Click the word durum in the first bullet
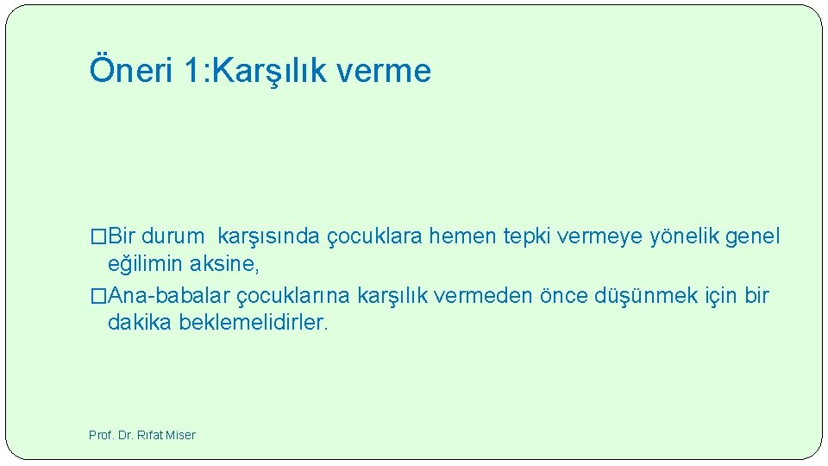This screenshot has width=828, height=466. [172, 236]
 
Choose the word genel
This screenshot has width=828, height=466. [753, 236]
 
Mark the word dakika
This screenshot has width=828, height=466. [140, 323]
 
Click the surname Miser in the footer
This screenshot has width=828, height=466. [179, 435]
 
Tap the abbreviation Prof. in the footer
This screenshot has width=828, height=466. [102, 435]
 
